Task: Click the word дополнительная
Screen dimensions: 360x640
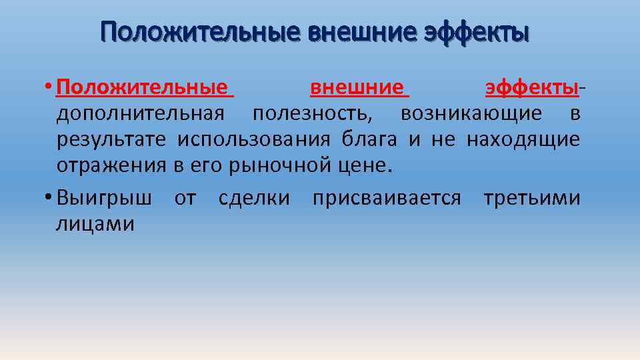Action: tap(145, 114)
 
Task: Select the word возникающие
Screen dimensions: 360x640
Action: tap(471, 114)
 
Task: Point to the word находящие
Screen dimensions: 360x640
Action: tap(523, 140)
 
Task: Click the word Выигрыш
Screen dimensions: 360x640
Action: tap(104, 199)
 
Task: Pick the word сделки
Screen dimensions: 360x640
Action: tap(254, 199)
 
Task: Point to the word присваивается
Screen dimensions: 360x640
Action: tap(386, 199)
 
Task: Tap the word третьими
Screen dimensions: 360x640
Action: tap(531, 199)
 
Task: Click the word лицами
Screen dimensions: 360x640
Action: tap(95, 225)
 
